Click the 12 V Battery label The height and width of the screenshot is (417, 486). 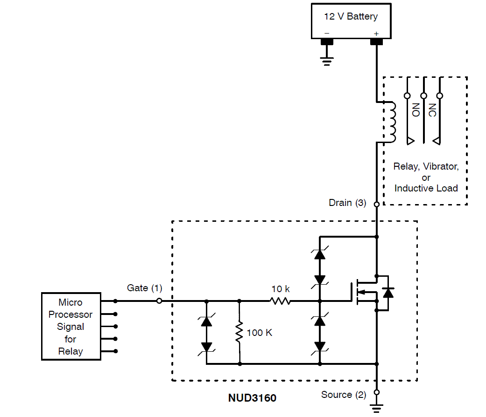351,16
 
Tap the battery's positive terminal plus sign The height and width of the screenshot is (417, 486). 376,34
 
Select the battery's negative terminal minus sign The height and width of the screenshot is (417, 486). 327,34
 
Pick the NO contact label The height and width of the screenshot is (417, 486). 416,110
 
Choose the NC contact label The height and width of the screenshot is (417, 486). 432,110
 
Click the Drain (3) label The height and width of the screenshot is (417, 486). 347,203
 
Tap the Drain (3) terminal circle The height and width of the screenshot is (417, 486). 376,204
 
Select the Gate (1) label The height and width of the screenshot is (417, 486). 144,288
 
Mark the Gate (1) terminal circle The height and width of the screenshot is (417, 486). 159,301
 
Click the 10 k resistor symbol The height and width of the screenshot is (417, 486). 280,301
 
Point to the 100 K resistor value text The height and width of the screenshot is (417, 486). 260,333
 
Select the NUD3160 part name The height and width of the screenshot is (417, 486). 252,398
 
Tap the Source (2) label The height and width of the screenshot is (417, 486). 344,395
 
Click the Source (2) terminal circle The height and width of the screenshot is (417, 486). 376,392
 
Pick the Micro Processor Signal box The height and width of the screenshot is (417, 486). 71,326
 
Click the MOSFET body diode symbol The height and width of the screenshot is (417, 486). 387,293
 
